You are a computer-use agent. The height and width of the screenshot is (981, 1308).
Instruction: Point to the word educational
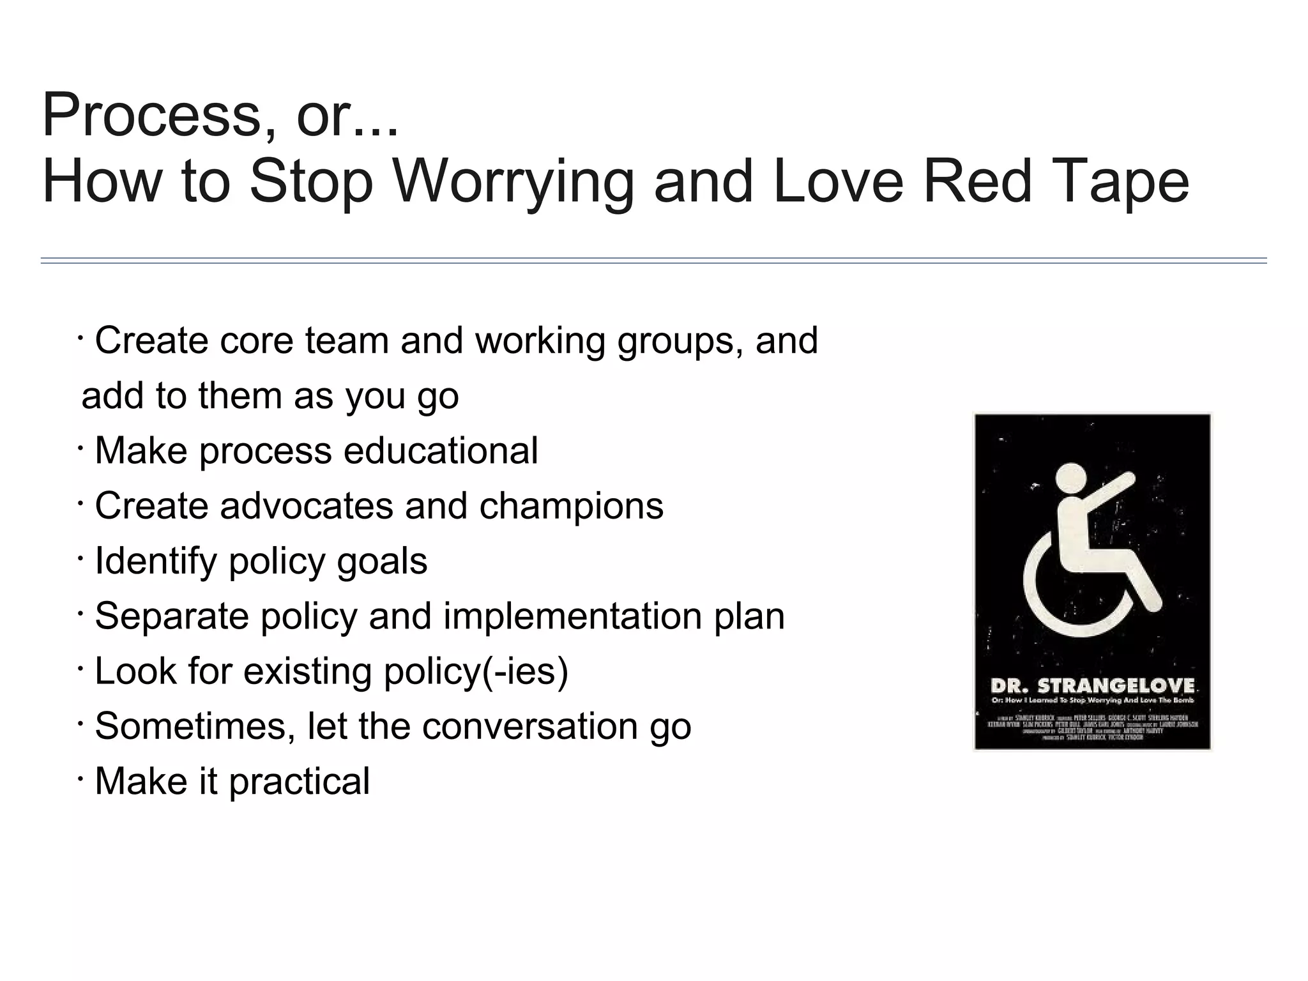441,451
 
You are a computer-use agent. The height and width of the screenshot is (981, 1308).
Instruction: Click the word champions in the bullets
571,507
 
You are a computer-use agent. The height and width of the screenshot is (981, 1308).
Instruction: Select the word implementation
572,617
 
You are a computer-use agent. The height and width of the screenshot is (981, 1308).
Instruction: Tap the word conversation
529,727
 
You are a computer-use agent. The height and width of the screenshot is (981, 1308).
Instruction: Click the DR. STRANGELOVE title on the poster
1092,687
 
